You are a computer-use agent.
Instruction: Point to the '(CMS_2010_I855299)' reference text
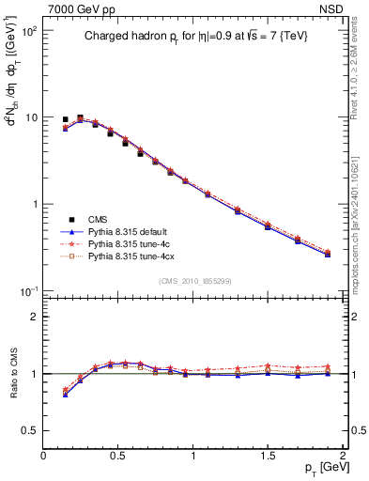(x=193, y=281)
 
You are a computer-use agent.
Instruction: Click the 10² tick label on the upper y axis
(x=28, y=31)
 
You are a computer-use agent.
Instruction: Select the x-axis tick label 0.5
(x=118, y=456)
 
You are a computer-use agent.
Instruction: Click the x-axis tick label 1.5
(x=268, y=456)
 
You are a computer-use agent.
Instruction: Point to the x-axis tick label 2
(x=343, y=456)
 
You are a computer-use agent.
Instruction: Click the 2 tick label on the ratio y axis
(x=34, y=317)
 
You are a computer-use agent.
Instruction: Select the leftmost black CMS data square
(x=65, y=120)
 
